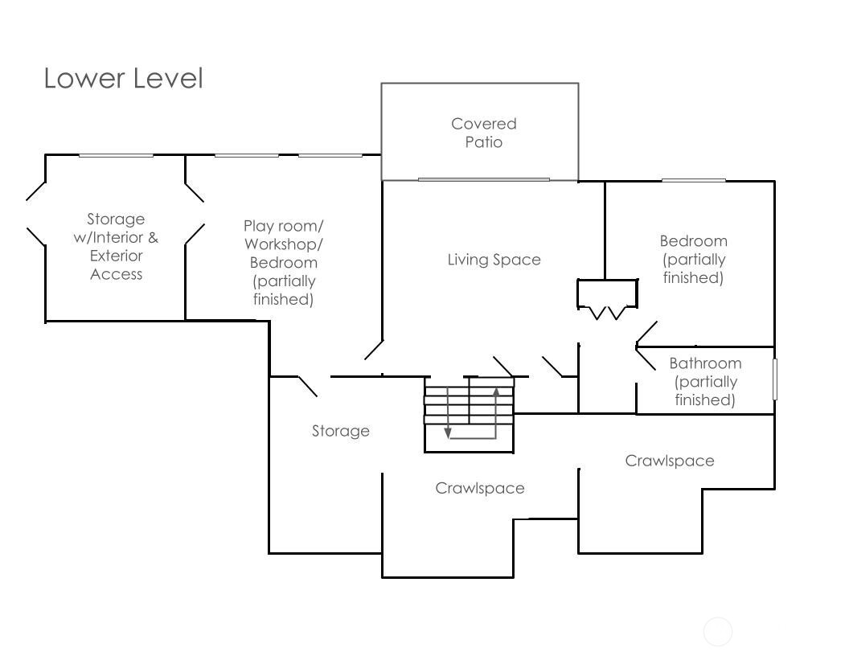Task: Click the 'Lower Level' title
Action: pyautogui.click(x=123, y=79)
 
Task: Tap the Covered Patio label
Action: pyautogui.click(x=483, y=133)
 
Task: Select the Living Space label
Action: pyautogui.click(x=494, y=260)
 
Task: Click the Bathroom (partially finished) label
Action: pyautogui.click(x=705, y=382)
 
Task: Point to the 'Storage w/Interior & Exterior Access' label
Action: pyautogui.click(x=116, y=246)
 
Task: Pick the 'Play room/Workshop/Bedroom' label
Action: pyautogui.click(x=283, y=262)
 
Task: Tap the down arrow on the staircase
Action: pyautogui.click(x=448, y=433)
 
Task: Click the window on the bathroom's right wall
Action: pyautogui.click(x=775, y=379)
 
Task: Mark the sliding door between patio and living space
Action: pyautogui.click(x=483, y=179)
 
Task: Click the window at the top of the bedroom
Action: pyautogui.click(x=693, y=180)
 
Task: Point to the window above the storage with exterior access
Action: pyautogui.click(x=116, y=155)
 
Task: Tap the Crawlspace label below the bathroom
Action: pyautogui.click(x=670, y=461)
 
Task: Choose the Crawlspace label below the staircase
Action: pyautogui.click(x=480, y=488)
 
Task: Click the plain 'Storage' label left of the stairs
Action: pyautogui.click(x=341, y=431)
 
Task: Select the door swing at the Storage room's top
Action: pyautogui.click(x=308, y=386)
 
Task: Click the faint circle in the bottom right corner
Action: pyautogui.click(x=718, y=632)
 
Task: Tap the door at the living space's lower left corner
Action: pyautogui.click(x=374, y=350)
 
